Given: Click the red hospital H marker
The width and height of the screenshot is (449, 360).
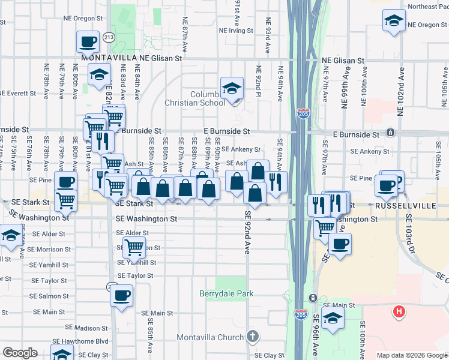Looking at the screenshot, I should point(398,311).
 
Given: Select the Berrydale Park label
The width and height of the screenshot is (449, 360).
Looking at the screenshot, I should point(226,293).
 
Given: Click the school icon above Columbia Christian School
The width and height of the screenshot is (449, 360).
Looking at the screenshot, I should point(231,89).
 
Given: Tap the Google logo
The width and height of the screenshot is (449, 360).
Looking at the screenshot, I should point(20,353).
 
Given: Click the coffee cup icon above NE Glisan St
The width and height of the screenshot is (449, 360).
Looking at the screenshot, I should point(88,42).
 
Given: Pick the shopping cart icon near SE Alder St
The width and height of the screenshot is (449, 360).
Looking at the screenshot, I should point(134,246).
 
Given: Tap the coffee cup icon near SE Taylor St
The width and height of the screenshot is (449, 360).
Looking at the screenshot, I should point(122,295).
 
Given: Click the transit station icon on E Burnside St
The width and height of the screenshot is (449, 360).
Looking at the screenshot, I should point(390,132).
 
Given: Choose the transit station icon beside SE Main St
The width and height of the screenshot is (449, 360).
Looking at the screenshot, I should point(312,298).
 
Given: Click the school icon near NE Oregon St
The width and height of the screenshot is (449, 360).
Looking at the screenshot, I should point(394,20).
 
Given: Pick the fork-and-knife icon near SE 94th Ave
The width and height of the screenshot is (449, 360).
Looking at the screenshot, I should point(276,181).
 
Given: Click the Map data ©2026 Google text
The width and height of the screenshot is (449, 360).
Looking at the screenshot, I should point(412,355).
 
